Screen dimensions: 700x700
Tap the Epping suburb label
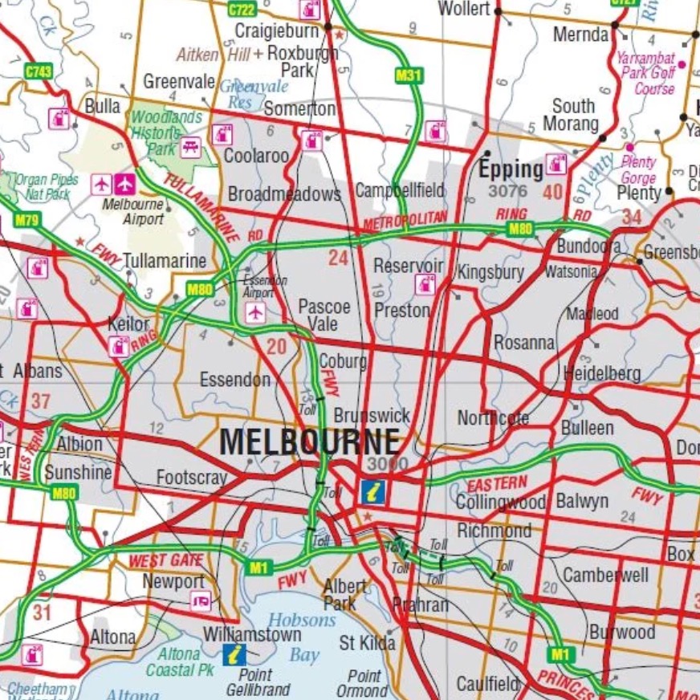pyautogui.click(x=511, y=169)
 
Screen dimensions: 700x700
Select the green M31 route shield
pyautogui.click(x=409, y=75)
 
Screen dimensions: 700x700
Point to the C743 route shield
pyautogui.click(x=38, y=71)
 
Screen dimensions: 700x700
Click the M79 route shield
pyautogui.click(x=26, y=220)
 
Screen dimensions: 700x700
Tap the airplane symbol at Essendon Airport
pyautogui.click(x=255, y=311)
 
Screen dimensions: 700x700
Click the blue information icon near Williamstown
pyautogui.click(x=234, y=654)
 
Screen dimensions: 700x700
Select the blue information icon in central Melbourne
pyautogui.click(x=372, y=491)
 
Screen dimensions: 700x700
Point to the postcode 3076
pyautogui.click(x=508, y=192)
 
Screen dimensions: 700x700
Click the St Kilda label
pyautogui.click(x=367, y=643)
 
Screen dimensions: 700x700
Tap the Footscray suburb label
pyautogui.click(x=192, y=478)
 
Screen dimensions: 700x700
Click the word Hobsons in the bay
pyautogui.click(x=302, y=620)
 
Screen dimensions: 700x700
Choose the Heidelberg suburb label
pyautogui.click(x=602, y=373)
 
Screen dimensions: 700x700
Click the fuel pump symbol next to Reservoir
pyautogui.click(x=425, y=283)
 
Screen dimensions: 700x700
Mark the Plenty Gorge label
pyautogui.click(x=639, y=169)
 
